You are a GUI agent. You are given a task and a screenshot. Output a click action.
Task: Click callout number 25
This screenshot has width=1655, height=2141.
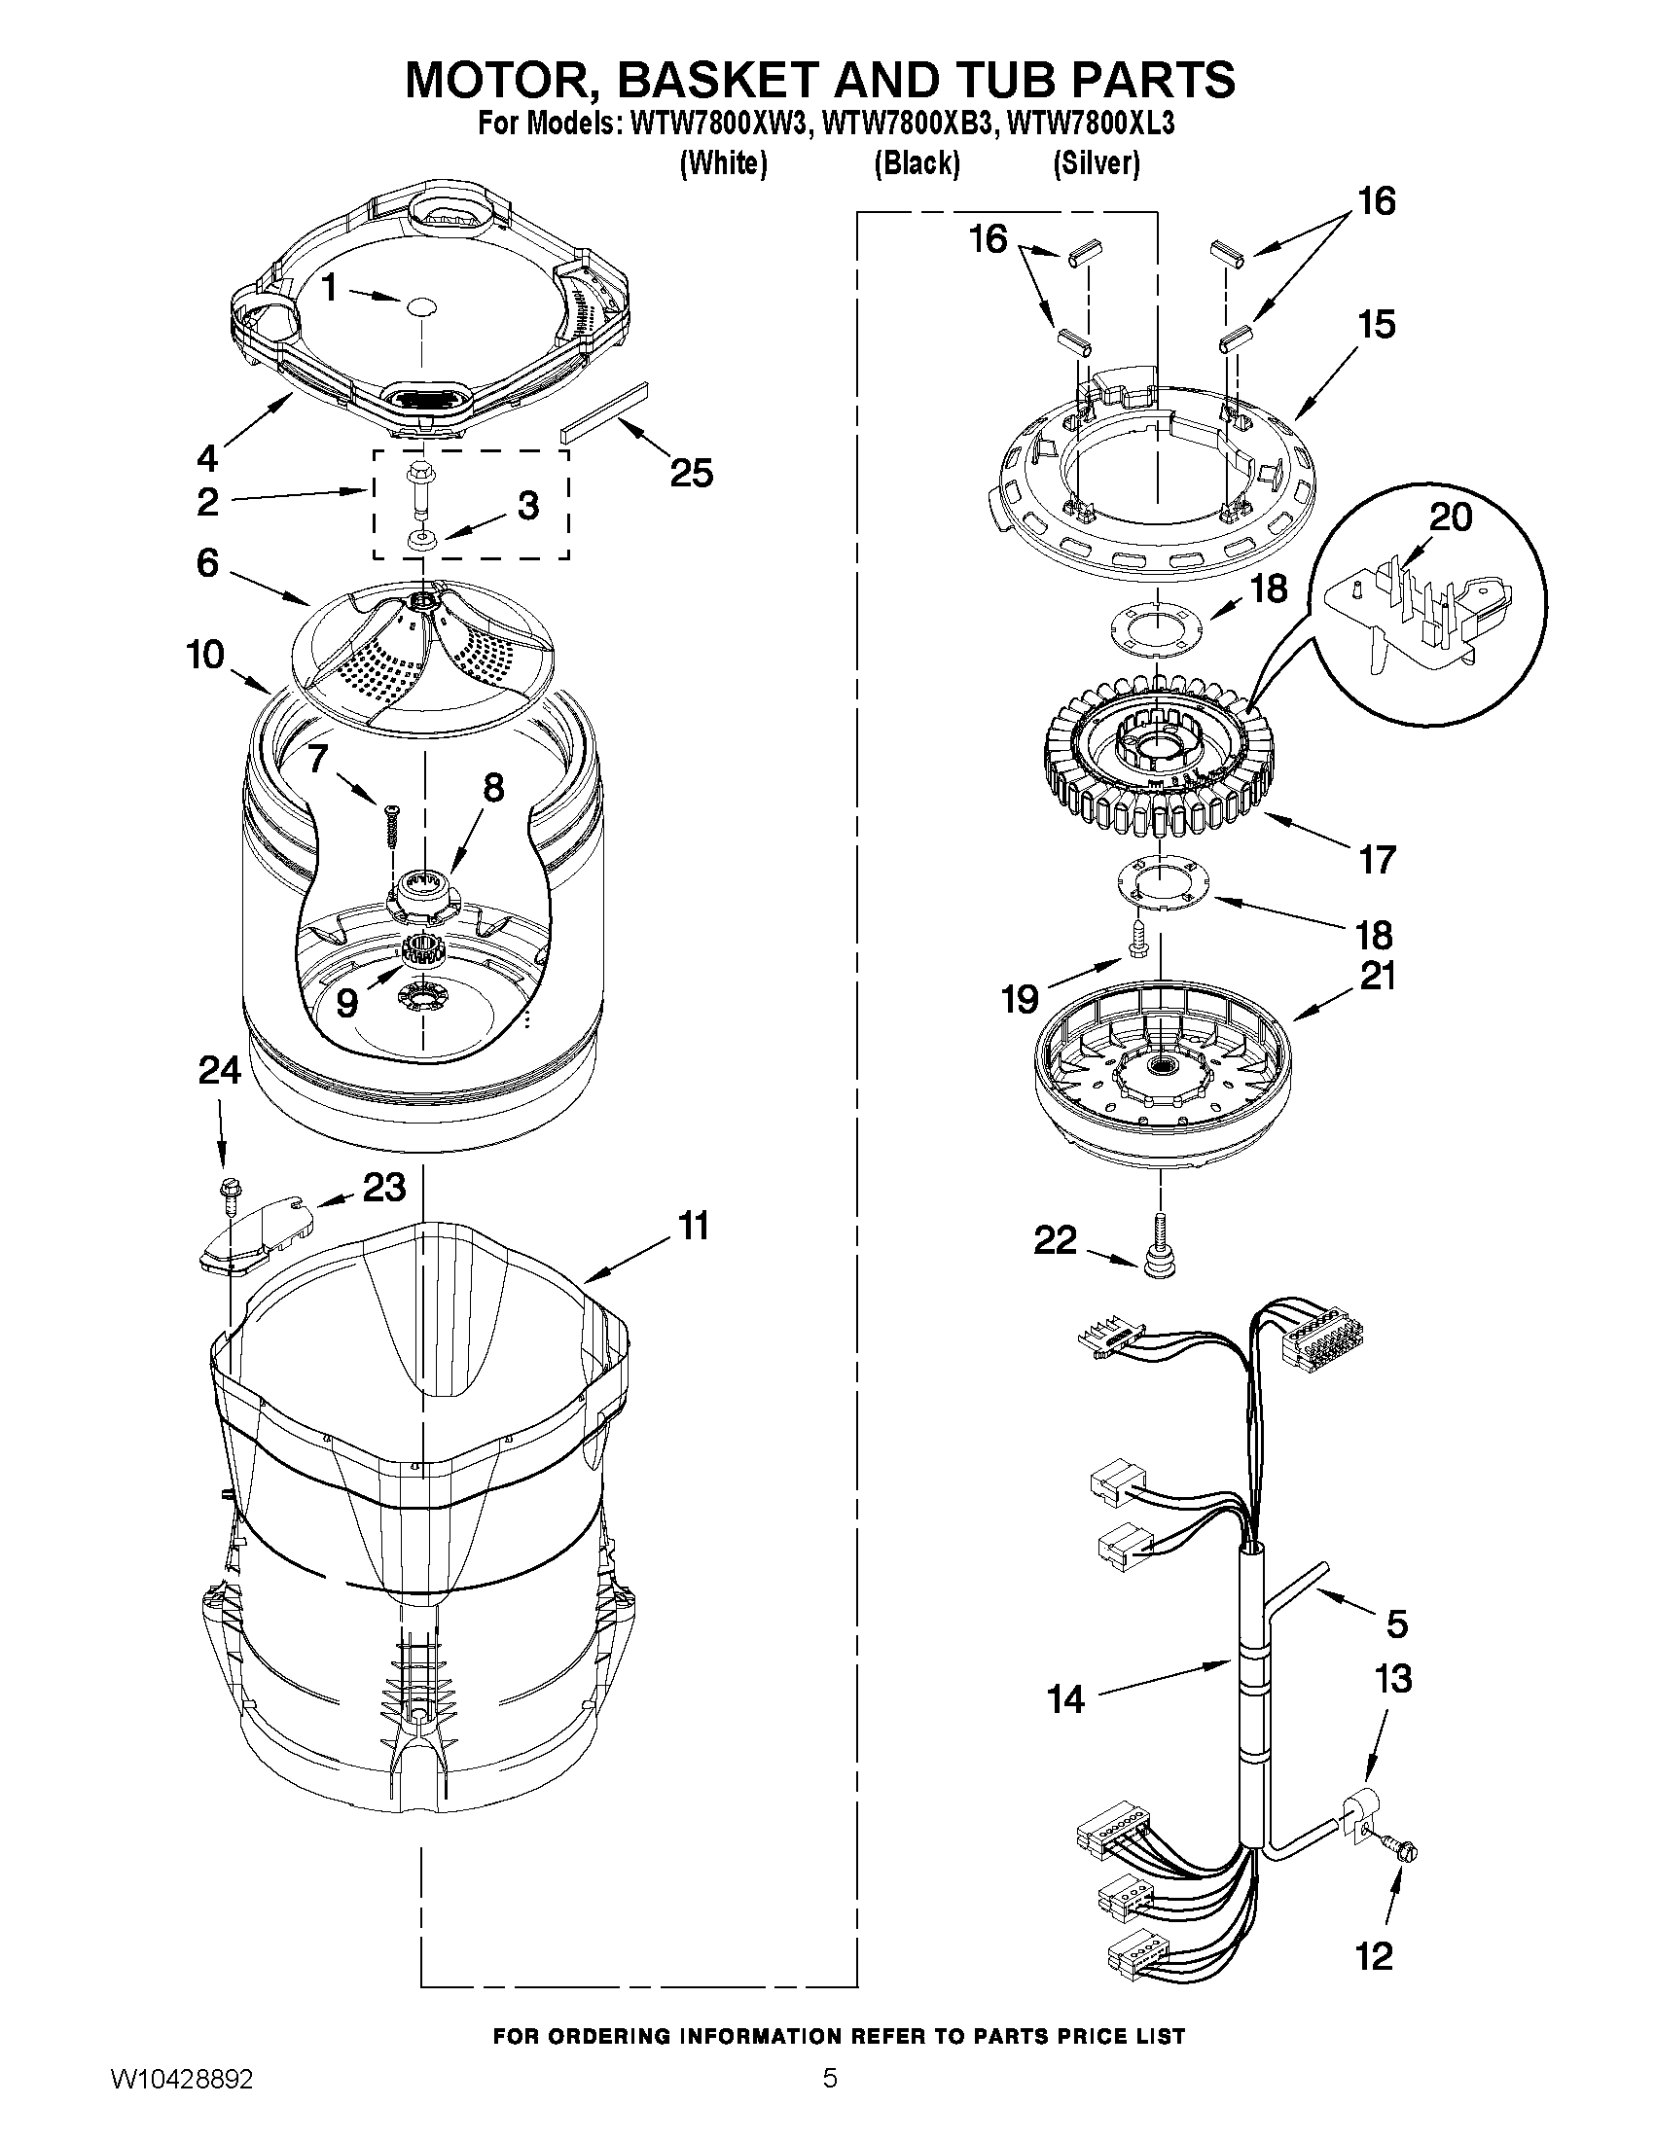[x=691, y=474]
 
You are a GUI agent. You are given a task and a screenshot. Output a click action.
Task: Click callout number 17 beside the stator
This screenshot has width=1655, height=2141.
[x=1377, y=860]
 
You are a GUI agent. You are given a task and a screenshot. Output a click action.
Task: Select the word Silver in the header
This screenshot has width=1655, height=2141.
[x=1097, y=162]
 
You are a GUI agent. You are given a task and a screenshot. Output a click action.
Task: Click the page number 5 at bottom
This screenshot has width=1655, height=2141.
[x=830, y=2099]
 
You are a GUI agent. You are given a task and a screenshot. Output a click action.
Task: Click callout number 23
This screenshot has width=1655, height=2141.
[x=383, y=1187]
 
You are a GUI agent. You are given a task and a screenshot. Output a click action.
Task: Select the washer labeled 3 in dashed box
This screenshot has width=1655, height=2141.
[x=424, y=540]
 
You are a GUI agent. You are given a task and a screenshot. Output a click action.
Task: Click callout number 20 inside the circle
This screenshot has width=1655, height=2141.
[x=1450, y=517]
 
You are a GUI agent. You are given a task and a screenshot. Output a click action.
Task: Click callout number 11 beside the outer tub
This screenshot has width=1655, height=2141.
[x=694, y=1227]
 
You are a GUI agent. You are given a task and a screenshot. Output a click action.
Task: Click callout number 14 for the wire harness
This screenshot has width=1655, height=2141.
[x=1065, y=1698]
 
